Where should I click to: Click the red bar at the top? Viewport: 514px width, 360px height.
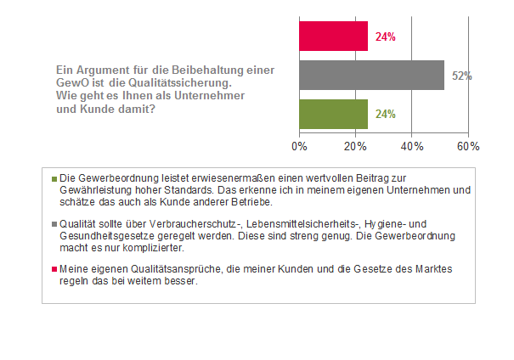point(333,37)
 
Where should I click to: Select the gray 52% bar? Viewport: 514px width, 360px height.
point(371,75)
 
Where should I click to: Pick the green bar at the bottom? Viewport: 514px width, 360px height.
point(333,113)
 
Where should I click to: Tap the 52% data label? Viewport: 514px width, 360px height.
point(461,76)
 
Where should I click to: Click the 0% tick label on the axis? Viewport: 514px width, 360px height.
point(299,146)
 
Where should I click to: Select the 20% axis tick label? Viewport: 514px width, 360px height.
point(355,146)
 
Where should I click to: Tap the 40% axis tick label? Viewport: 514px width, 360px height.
point(411,146)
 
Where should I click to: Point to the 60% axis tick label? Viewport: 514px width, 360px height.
point(468,146)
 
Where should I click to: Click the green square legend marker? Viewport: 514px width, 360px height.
point(54,179)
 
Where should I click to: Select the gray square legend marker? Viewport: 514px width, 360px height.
point(54,217)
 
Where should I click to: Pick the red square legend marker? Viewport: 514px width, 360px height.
point(54,269)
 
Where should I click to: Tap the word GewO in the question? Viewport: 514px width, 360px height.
point(70,84)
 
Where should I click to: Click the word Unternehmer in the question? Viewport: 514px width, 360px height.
point(203,96)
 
